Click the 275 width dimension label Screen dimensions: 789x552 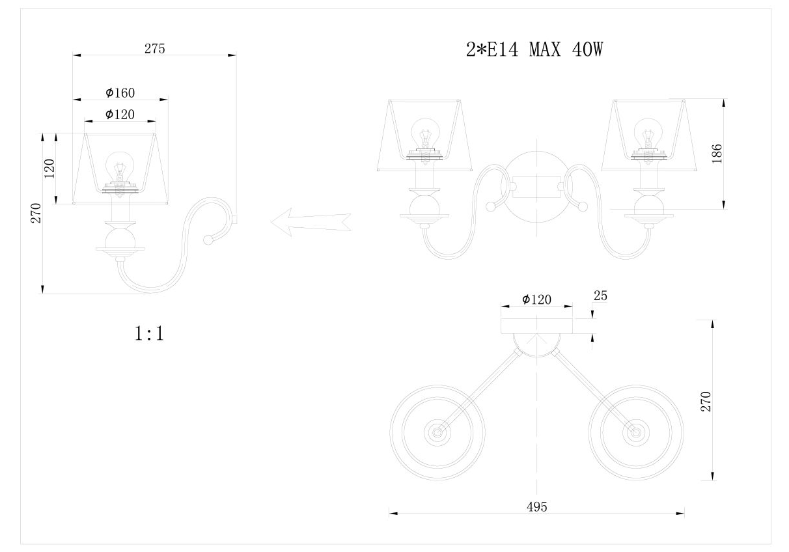[155, 49]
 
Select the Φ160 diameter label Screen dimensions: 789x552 [120, 92]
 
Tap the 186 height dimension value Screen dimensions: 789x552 [717, 154]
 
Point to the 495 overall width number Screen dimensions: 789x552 [537, 507]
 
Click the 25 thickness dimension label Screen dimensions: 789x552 [601, 296]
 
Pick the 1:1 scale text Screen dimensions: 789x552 [149, 333]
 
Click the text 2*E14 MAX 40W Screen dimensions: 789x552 [534, 49]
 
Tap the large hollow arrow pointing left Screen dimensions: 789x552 [311, 222]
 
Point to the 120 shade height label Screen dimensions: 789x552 [49, 169]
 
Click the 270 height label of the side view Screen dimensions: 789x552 [36, 213]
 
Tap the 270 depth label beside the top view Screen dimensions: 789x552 [706, 401]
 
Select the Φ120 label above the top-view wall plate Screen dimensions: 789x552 [536, 299]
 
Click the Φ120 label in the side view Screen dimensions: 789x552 [120, 114]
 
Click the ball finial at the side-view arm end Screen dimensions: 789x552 [208, 240]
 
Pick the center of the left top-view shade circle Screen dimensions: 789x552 [437, 432]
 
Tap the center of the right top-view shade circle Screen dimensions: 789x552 [636, 432]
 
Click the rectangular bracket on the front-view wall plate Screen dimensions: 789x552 [537, 187]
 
